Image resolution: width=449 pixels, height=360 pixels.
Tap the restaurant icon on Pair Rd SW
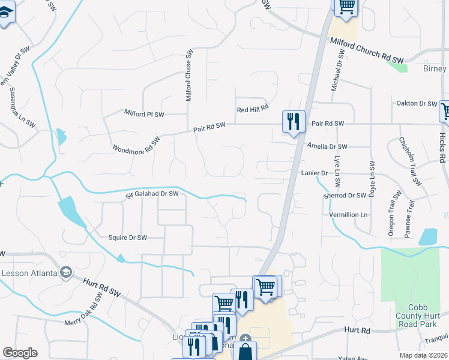point(294,122)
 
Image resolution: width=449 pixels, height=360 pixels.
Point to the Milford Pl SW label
point(144,112)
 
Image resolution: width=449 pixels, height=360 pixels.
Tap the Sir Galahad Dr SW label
point(152,194)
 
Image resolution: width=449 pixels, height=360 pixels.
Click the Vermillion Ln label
point(348,214)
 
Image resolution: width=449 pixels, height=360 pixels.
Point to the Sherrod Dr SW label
point(345,196)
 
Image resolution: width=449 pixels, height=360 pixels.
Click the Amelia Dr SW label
point(327,146)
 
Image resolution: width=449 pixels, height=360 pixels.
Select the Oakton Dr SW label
point(416,103)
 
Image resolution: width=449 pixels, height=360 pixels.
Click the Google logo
point(20,353)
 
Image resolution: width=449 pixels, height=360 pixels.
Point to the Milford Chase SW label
point(188,75)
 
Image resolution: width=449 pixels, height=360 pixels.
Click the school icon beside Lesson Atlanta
point(66,273)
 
